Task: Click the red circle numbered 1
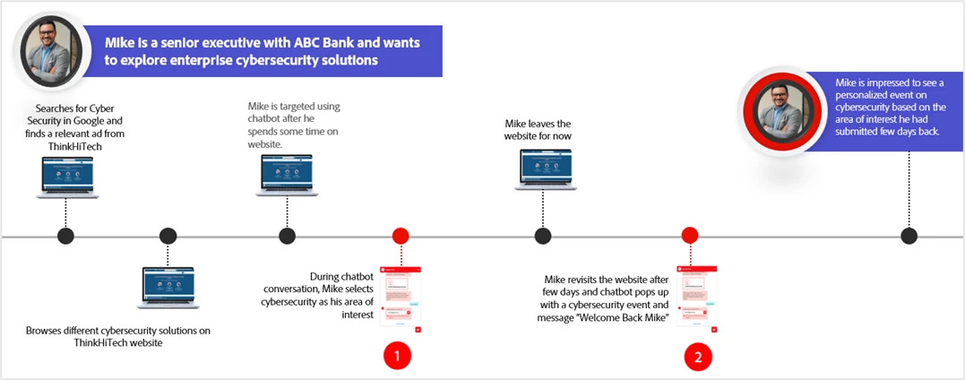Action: point(397,356)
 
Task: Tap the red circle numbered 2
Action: point(698,356)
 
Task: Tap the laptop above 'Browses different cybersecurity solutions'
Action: point(168,288)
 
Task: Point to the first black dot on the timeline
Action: point(65,236)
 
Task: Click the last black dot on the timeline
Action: point(909,236)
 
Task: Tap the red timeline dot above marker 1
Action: point(401,236)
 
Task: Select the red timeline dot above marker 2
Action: point(690,236)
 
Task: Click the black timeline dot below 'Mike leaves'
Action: point(543,236)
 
